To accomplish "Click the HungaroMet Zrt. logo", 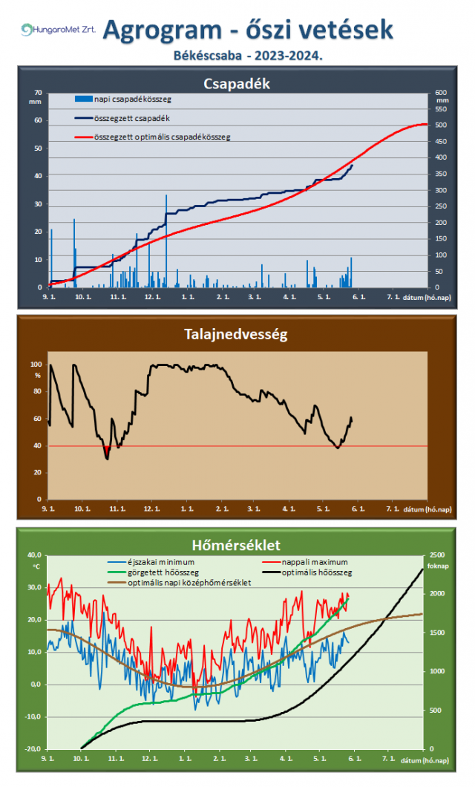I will point(58,30).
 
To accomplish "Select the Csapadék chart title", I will point(237,83).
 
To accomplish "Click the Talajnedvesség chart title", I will point(237,334).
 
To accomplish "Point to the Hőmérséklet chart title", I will point(237,545).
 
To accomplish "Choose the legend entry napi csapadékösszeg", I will point(127,99).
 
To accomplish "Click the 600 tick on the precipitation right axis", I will point(441,93).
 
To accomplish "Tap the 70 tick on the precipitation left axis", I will point(39,93).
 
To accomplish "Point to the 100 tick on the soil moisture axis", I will point(36,365).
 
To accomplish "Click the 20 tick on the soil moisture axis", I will point(38,472).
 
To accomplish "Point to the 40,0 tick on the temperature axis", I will point(34,555).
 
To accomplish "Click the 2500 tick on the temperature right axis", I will point(438,555).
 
